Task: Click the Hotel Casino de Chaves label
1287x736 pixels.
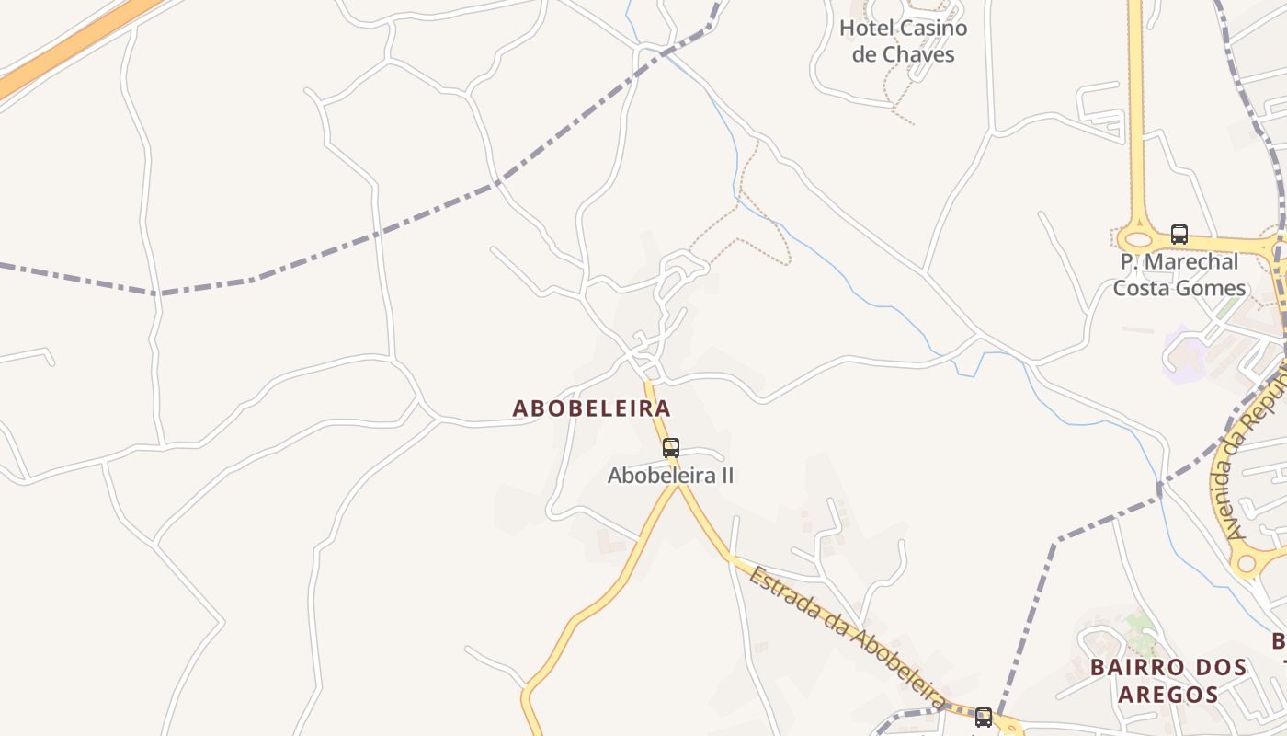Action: (903, 41)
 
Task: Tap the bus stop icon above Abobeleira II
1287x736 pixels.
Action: (671, 448)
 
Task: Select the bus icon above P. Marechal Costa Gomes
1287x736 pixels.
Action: (1179, 235)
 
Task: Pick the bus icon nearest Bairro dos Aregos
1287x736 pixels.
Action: (983, 717)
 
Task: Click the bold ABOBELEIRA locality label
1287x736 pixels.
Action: (591, 408)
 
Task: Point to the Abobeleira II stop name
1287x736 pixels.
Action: (671, 476)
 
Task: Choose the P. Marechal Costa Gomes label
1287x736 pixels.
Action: (1179, 275)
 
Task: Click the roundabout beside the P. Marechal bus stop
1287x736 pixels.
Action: (1138, 238)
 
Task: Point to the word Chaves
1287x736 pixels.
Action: (916, 54)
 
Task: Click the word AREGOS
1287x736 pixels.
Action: (1168, 694)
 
